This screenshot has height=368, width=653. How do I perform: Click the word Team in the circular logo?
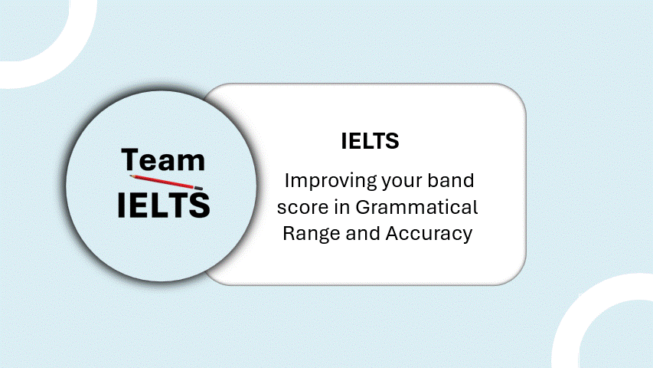point(163,159)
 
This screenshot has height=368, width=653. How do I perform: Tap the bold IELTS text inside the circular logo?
point(163,205)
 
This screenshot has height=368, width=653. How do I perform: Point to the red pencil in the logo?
point(166,182)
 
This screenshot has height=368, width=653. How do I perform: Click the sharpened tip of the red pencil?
point(130,176)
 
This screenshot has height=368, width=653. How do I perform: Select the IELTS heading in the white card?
point(370,141)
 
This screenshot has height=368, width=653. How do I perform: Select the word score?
point(302,208)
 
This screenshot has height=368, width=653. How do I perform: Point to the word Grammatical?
point(416,207)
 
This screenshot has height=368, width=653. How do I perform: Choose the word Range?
point(311,234)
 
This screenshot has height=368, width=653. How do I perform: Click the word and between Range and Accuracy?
point(362,233)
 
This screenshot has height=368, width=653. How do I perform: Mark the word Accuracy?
point(429,234)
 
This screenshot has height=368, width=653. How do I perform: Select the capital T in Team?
point(129,159)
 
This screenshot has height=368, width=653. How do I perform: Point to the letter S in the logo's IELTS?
point(200,205)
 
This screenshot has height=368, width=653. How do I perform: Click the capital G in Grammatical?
point(364,207)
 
